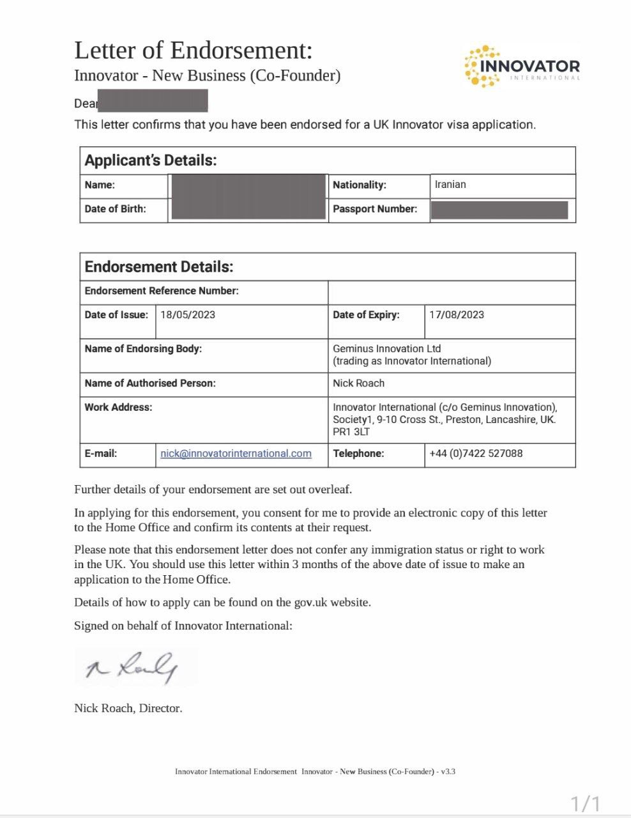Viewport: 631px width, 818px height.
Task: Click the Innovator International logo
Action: tap(522, 66)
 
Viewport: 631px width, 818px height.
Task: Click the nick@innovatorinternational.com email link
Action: tap(236, 454)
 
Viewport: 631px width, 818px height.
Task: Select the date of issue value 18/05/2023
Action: tap(188, 315)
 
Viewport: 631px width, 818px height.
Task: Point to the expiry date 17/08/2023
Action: tap(457, 315)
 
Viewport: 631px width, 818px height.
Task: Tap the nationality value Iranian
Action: tap(450, 185)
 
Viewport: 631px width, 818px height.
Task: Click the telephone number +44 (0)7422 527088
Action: tap(476, 454)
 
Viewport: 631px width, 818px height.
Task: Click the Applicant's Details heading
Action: tap(151, 160)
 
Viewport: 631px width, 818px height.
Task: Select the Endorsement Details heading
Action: tap(159, 267)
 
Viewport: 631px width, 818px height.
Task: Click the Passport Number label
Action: tap(375, 209)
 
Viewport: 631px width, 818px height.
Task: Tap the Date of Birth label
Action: tap(115, 209)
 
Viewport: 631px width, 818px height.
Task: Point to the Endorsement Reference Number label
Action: tap(162, 291)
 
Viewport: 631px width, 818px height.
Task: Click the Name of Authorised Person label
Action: tap(150, 383)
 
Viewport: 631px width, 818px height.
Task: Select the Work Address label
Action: tap(118, 408)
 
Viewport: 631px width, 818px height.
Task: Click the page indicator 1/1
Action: tap(585, 803)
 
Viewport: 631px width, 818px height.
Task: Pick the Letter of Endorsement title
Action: tap(194, 50)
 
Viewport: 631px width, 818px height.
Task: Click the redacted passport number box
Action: tap(499, 210)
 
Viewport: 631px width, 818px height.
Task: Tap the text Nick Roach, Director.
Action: tap(128, 708)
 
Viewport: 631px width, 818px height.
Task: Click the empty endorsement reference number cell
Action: tap(452, 292)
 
